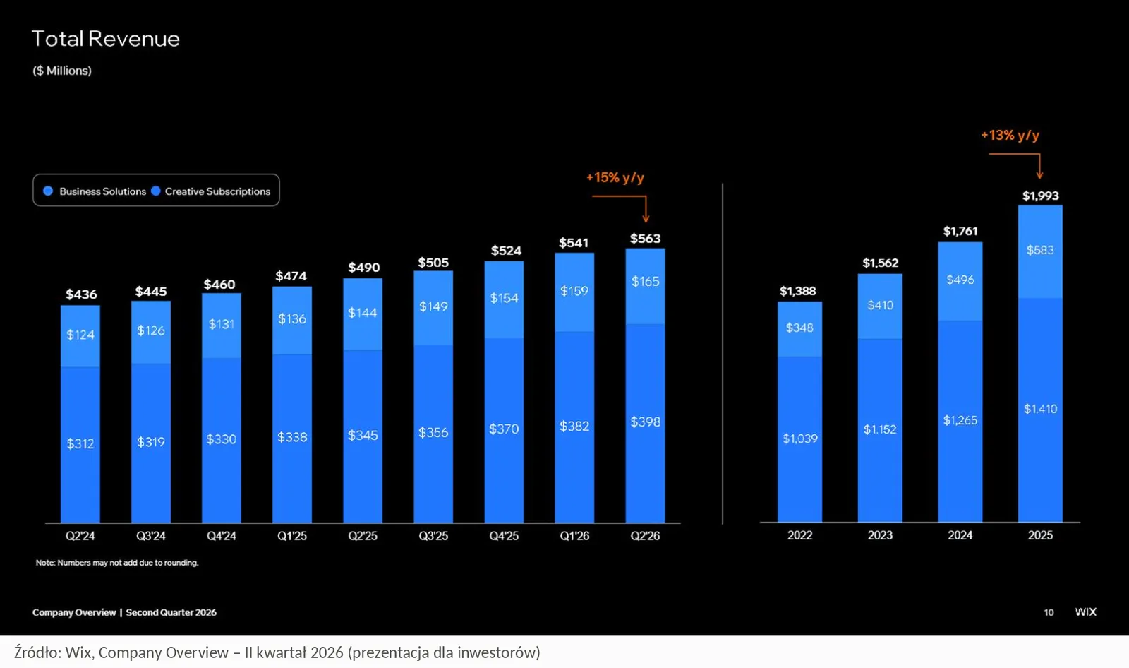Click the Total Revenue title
[105, 39]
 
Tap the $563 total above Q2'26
[645, 238]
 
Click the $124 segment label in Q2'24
[80, 335]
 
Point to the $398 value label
[645, 422]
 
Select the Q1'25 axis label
[292, 535]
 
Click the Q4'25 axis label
[504, 535]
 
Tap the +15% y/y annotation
[615, 178]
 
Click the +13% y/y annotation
[1010, 135]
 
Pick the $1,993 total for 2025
[1040, 196]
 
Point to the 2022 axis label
[800, 535]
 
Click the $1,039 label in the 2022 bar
[800, 439]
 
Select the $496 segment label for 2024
[960, 280]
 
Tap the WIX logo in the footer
[1086, 612]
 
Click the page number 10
[1049, 612]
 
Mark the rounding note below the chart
[117, 563]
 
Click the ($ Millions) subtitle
[62, 71]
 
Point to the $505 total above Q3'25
[433, 263]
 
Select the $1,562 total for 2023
[880, 263]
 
